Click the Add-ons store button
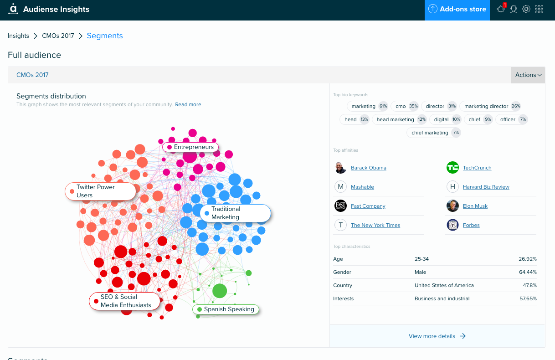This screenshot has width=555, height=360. (457, 10)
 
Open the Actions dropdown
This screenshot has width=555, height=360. (528, 75)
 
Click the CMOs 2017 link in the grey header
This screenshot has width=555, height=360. (32, 75)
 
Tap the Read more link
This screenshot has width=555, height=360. (188, 104)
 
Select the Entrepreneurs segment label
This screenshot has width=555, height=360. (190, 147)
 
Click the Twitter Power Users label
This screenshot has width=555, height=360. (100, 191)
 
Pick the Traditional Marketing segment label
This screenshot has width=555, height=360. (235, 213)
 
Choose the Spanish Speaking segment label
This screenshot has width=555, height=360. (226, 309)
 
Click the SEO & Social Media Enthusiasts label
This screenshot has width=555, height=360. (125, 301)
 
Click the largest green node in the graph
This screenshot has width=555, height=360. (220, 291)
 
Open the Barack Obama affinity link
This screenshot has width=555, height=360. (369, 168)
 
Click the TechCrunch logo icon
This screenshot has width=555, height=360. (452, 168)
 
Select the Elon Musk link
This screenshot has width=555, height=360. (475, 206)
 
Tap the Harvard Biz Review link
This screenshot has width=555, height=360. (486, 187)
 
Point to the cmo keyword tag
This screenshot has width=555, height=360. (404, 106)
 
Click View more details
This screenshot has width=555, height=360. (437, 336)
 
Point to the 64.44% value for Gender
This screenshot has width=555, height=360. (528, 272)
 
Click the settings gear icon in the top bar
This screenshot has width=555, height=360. (526, 9)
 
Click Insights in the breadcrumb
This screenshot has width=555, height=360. (18, 36)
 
